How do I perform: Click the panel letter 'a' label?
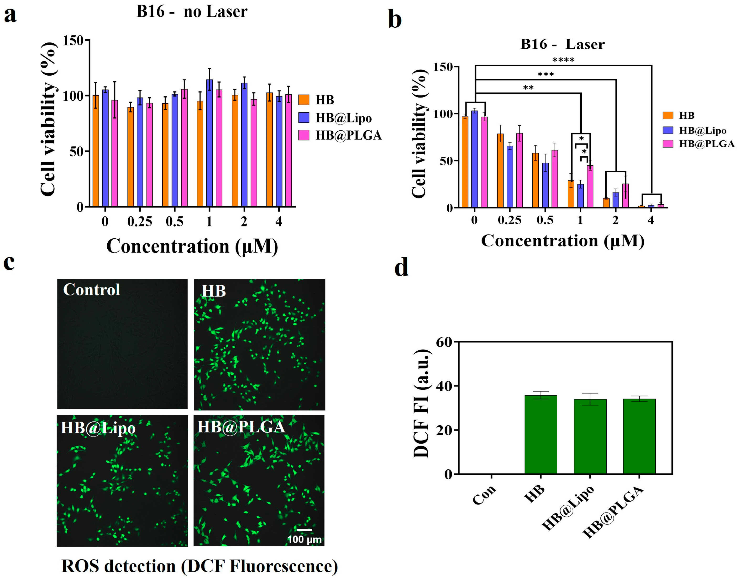[x=10, y=15]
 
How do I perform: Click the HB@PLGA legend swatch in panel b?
[x=668, y=144]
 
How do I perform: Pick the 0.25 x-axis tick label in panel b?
[x=509, y=220]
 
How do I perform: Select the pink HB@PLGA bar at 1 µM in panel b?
[x=590, y=186]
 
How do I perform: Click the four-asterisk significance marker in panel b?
[x=563, y=60]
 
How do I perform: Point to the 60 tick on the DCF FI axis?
[x=444, y=342]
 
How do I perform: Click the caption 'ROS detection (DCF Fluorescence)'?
[x=199, y=566]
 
